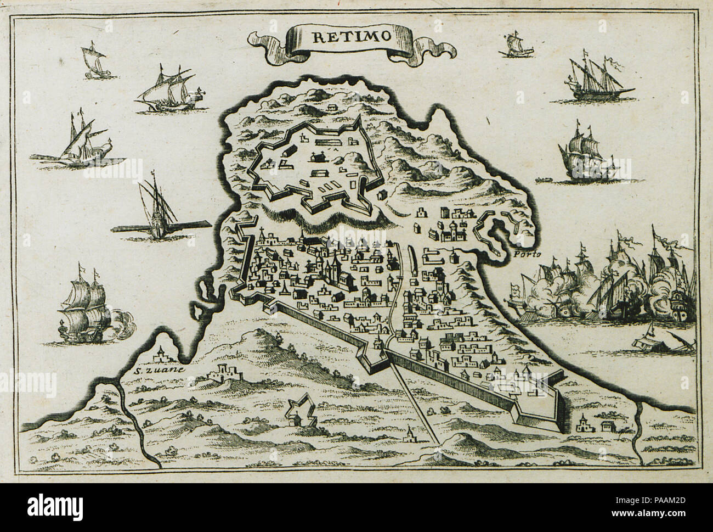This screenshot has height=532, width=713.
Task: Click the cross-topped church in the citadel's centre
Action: [315, 157]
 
